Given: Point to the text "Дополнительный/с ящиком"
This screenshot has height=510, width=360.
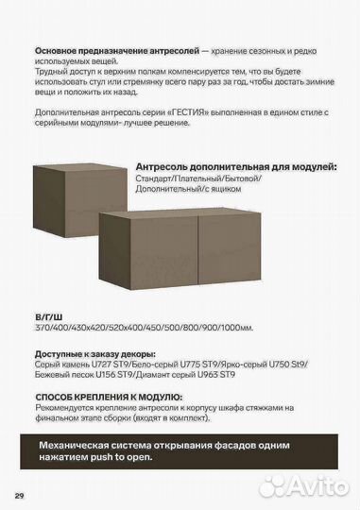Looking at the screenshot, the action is pos(189,189).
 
